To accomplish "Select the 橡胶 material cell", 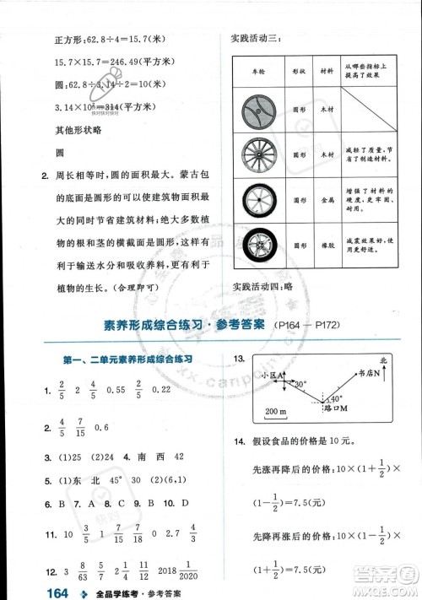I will click(327, 249).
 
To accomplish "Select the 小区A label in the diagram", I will click(273, 375).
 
